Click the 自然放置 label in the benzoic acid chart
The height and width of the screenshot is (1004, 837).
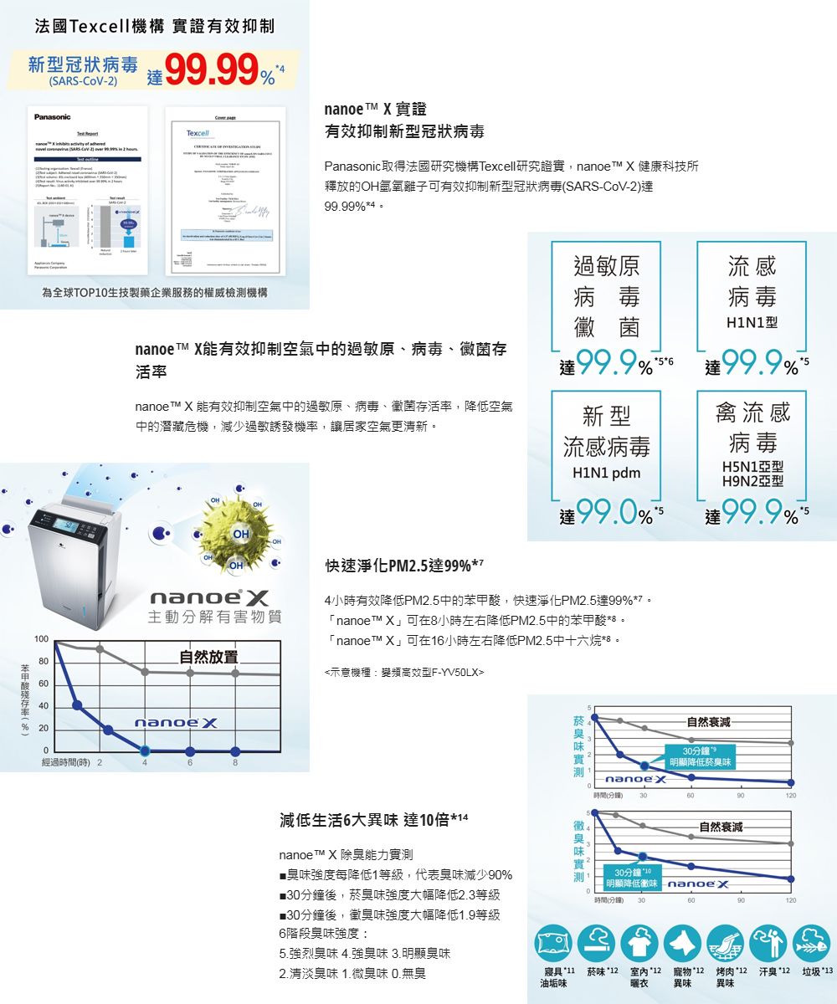point(208,656)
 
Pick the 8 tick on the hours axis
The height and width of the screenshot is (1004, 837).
point(236,763)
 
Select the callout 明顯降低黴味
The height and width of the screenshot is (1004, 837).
point(631,883)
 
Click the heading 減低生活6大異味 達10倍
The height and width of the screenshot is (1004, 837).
point(373,817)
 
